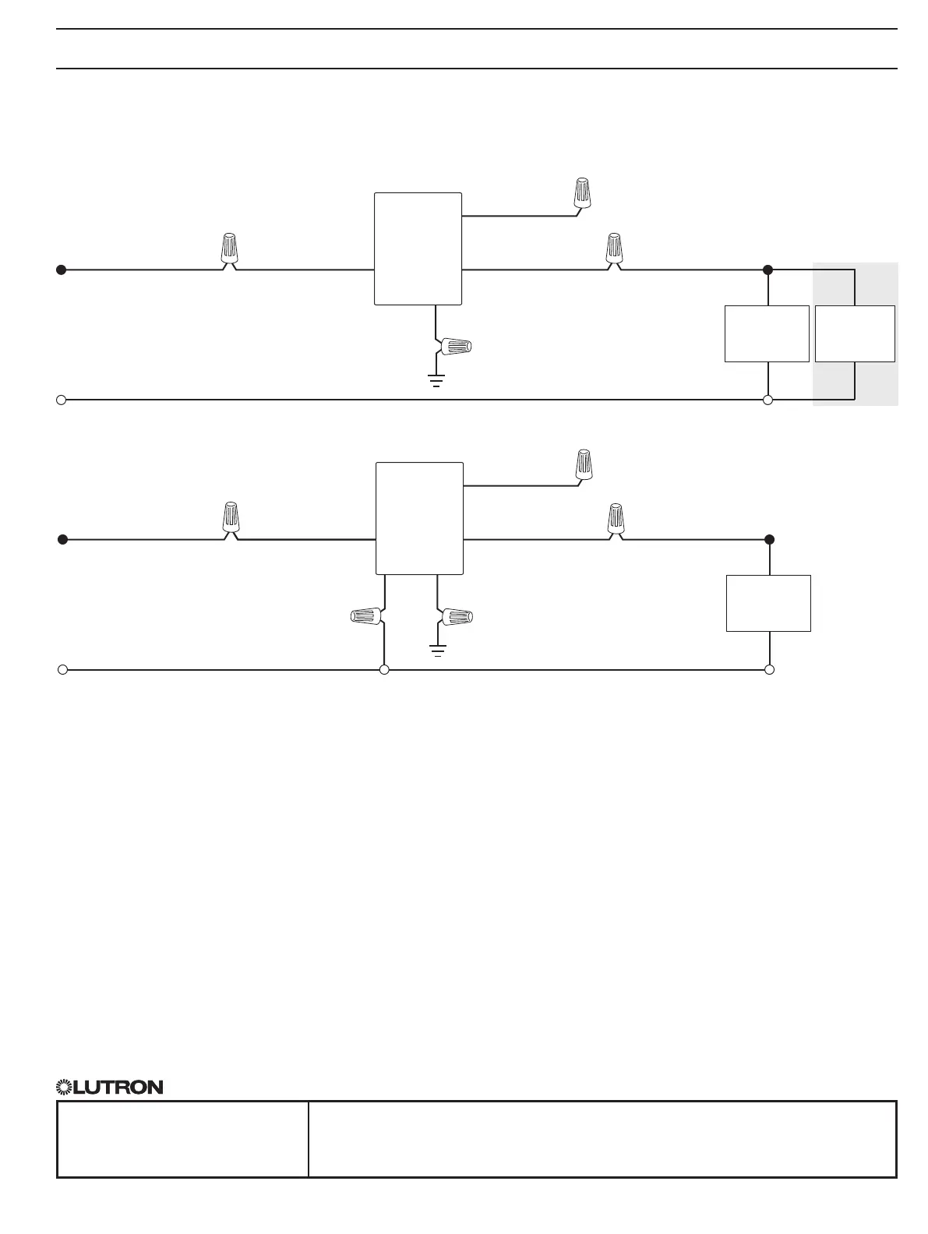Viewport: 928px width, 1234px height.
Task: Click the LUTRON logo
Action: point(110,1087)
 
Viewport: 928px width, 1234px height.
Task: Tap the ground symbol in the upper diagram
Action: point(436,381)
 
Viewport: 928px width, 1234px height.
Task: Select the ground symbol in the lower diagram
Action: point(438,650)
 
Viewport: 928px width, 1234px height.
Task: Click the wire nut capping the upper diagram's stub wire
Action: point(581,192)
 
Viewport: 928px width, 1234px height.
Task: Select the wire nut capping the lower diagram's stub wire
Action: point(584,464)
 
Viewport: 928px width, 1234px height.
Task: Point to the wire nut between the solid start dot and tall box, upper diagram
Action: point(228,248)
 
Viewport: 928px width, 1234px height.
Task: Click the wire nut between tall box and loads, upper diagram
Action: point(615,248)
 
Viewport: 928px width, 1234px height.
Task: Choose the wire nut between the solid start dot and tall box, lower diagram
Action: point(230,518)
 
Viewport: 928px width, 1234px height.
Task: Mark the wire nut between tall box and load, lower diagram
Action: point(616,518)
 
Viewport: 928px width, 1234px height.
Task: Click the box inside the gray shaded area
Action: point(855,333)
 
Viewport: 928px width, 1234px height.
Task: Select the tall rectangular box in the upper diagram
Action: point(418,249)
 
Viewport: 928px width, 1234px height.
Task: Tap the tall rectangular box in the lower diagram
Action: point(419,518)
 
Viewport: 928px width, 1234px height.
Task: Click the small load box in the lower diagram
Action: point(768,603)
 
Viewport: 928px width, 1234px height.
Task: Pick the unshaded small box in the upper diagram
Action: point(767,333)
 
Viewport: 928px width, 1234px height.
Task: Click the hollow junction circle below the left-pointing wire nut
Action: point(384,669)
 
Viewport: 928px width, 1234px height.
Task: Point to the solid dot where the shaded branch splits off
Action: point(767,270)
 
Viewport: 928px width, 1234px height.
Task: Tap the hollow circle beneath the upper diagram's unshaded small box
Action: point(767,400)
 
